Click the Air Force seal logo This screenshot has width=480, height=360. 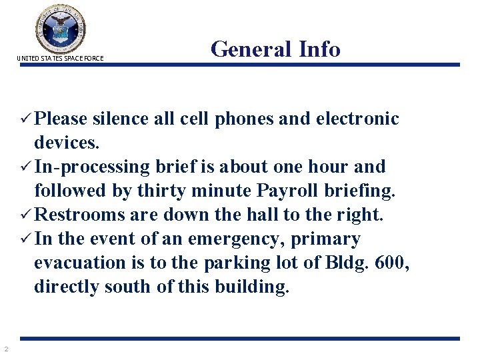pos(61,28)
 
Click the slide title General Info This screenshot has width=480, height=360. pos(275,49)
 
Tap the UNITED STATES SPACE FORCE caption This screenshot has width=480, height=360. pos(61,59)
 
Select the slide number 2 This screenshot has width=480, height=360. pos(5,349)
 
